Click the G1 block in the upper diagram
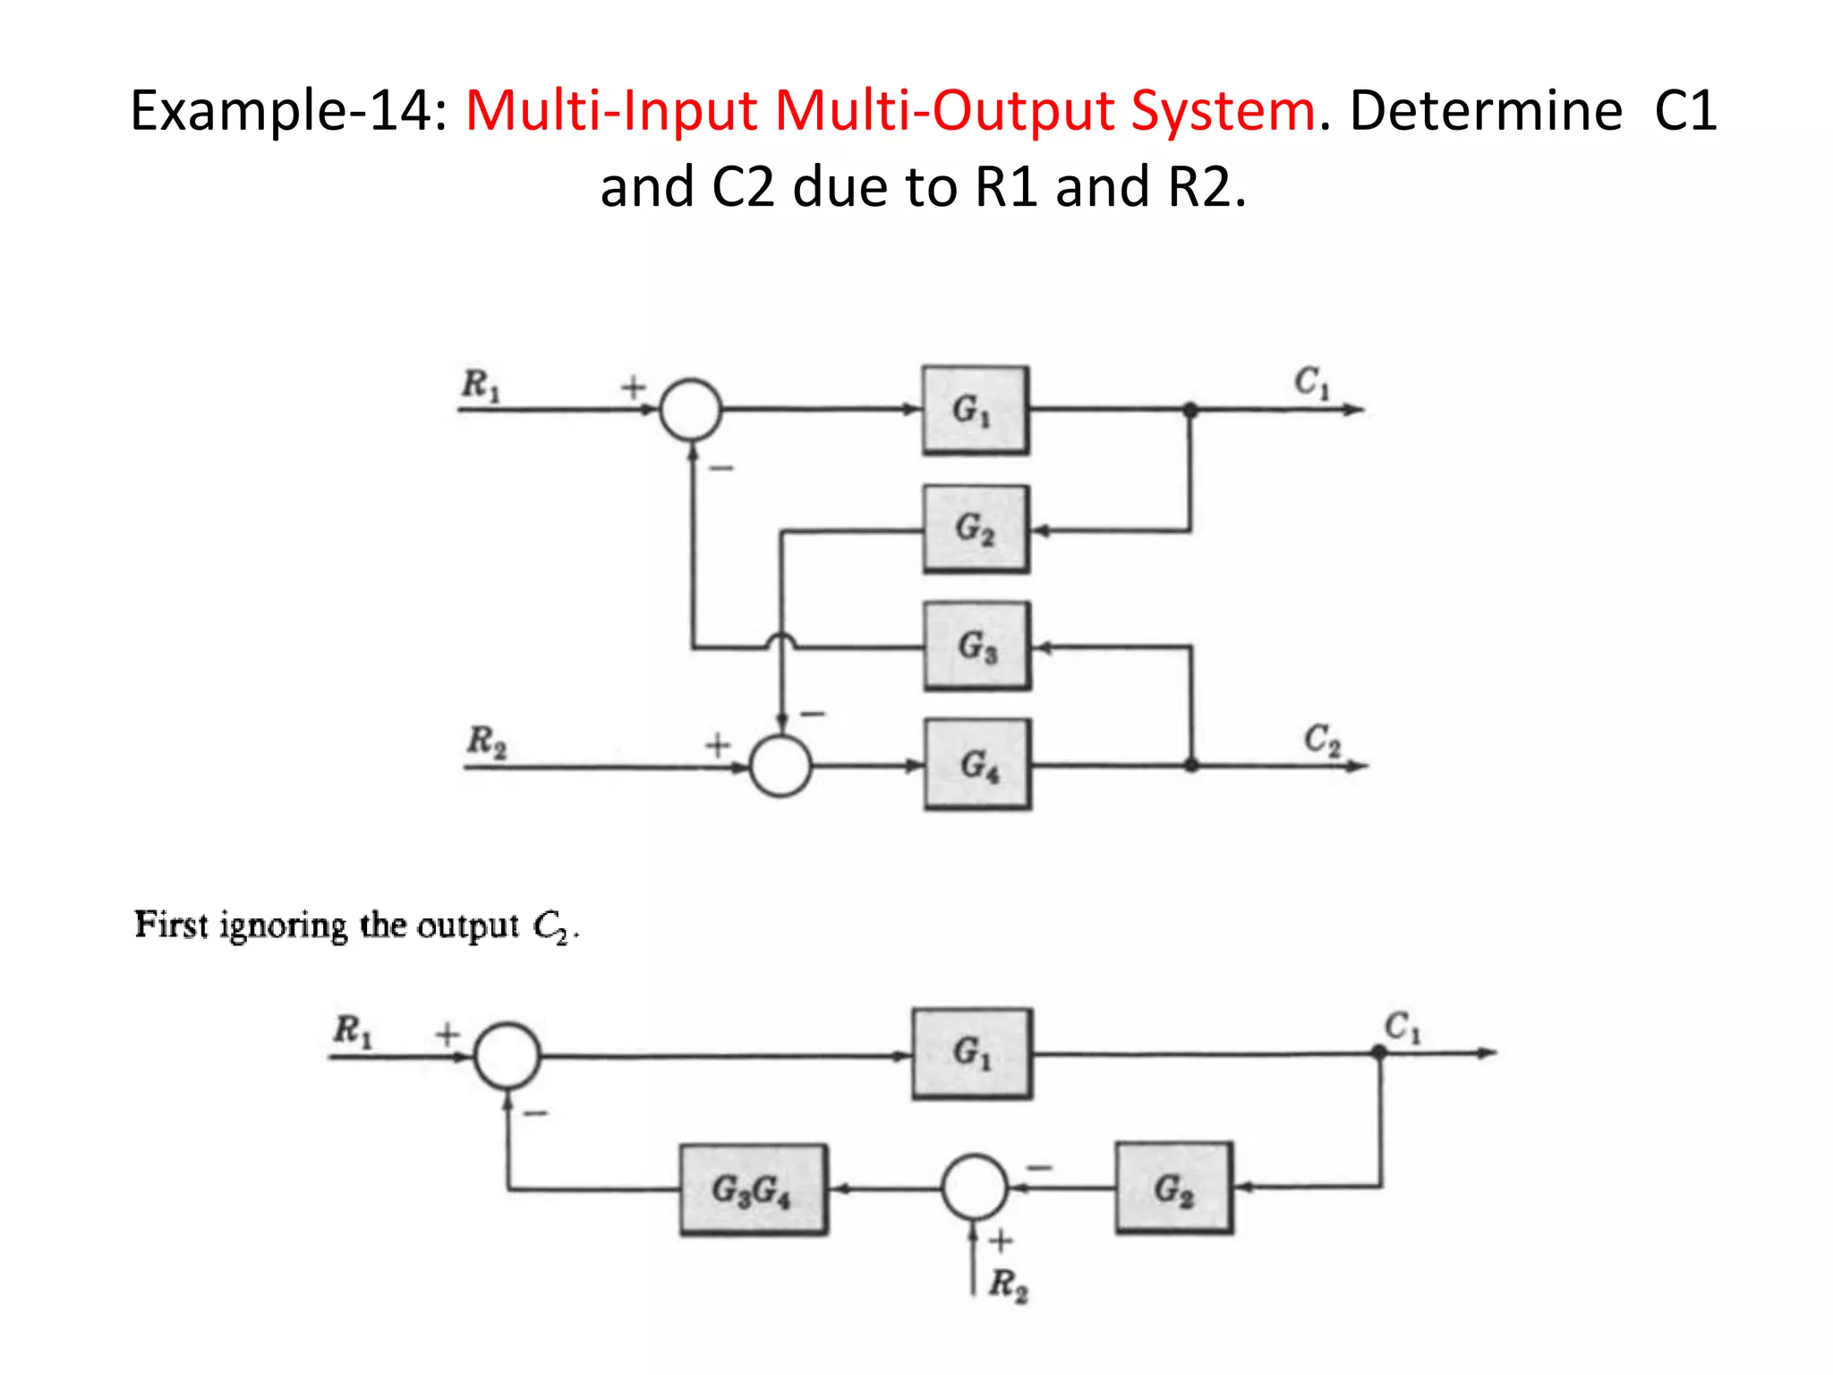[x=976, y=410]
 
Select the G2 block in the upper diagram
[x=976, y=529]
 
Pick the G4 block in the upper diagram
[x=977, y=764]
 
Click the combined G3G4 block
[x=753, y=1190]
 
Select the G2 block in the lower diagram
[x=1173, y=1189]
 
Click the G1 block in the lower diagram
[x=972, y=1054]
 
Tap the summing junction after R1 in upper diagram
[x=691, y=410]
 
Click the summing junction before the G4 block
[x=780, y=766]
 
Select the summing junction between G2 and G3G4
[x=975, y=1187]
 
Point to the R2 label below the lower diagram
[x=1009, y=1285]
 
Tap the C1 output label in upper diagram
[x=1312, y=382]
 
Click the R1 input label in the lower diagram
[x=352, y=1030]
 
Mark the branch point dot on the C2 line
[x=1191, y=765]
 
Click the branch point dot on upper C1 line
[x=1190, y=410]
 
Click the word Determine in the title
[x=1486, y=111]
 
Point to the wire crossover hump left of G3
[x=781, y=639]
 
